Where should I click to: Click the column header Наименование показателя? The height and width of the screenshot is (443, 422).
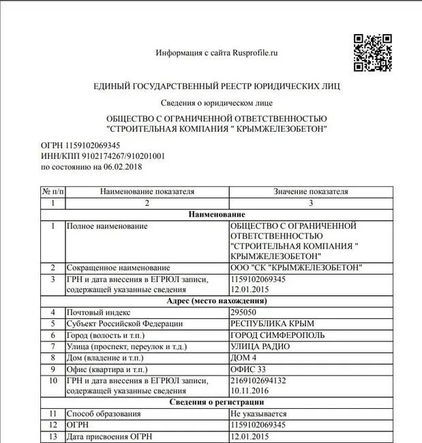pos(147,192)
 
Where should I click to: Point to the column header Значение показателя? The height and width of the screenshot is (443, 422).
pos(311,192)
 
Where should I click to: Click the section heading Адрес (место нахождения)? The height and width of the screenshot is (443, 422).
pos(216,301)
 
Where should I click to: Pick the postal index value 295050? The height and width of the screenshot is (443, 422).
pos(245,312)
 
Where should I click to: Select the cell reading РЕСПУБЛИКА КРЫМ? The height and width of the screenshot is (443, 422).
pos(273,323)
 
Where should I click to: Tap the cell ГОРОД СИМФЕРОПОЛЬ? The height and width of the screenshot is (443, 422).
pos(278,335)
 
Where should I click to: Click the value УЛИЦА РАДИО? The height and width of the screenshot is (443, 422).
pos(260,346)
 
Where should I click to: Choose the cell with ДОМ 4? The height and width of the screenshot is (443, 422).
pos(245,357)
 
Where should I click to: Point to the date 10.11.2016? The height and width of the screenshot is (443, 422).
pos(250,391)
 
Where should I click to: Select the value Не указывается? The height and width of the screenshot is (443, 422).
pos(259,414)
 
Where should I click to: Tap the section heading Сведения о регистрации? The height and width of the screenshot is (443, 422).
pos(216,402)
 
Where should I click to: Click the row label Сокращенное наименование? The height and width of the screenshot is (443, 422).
pos(118,268)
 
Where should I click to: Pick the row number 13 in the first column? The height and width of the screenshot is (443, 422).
pos(52,436)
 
